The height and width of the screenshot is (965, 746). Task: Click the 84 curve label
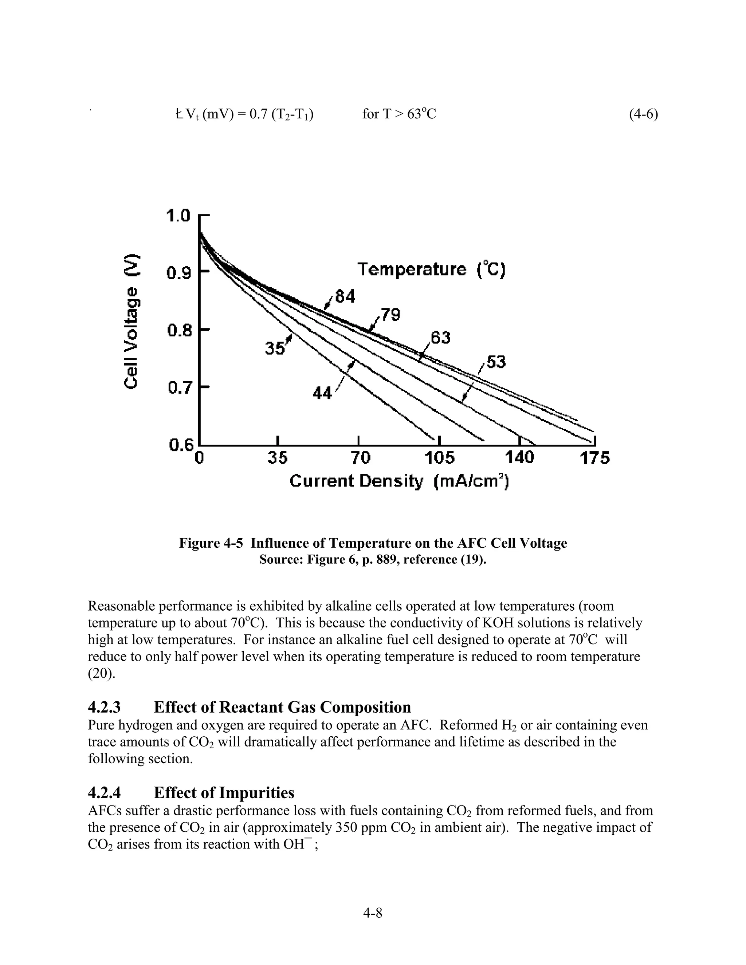pyautogui.click(x=345, y=296)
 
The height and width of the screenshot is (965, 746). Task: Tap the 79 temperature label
pyautogui.click(x=390, y=315)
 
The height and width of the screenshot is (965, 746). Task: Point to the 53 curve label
pyautogui.click(x=495, y=362)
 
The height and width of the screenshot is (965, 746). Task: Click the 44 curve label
pyautogui.click(x=322, y=393)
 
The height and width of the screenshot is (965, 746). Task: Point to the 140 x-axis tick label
pyautogui.click(x=519, y=457)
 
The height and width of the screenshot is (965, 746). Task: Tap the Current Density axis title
pyautogui.click(x=400, y=481)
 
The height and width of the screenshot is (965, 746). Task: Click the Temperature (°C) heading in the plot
pyautogui.click(x=431, y=269)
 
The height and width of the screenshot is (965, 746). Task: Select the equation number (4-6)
pyautogui.click(x=643, y=114)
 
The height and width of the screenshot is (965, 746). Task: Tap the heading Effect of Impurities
pyautogui.click(x=224, y=793)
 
